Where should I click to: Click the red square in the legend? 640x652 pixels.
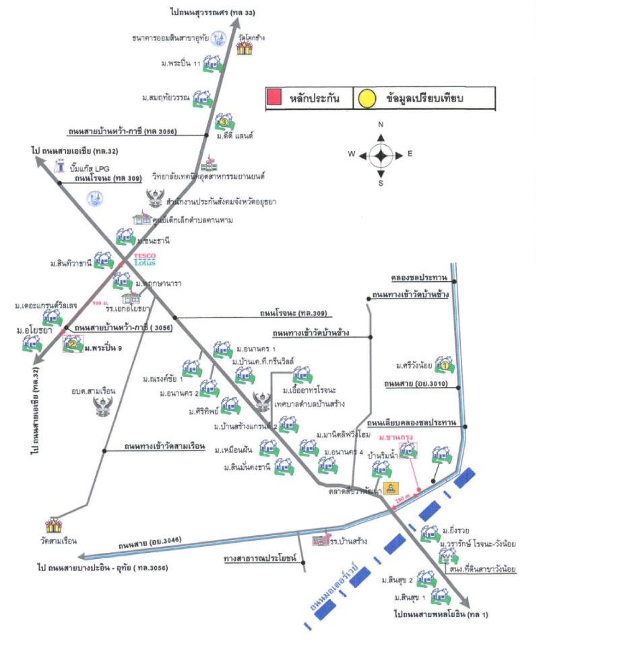(274, 98)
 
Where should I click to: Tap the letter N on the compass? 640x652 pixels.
(381, 125)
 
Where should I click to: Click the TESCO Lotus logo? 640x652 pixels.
(145, 260)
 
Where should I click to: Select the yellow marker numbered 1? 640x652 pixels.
(444, 364)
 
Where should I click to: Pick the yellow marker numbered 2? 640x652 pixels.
(71, 344)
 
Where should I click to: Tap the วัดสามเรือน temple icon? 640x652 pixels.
(54, 525)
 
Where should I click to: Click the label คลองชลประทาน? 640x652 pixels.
(420, 277)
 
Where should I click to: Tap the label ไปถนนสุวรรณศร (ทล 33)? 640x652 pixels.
(212, 12)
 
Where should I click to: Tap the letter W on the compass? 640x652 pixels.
(352, 154)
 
